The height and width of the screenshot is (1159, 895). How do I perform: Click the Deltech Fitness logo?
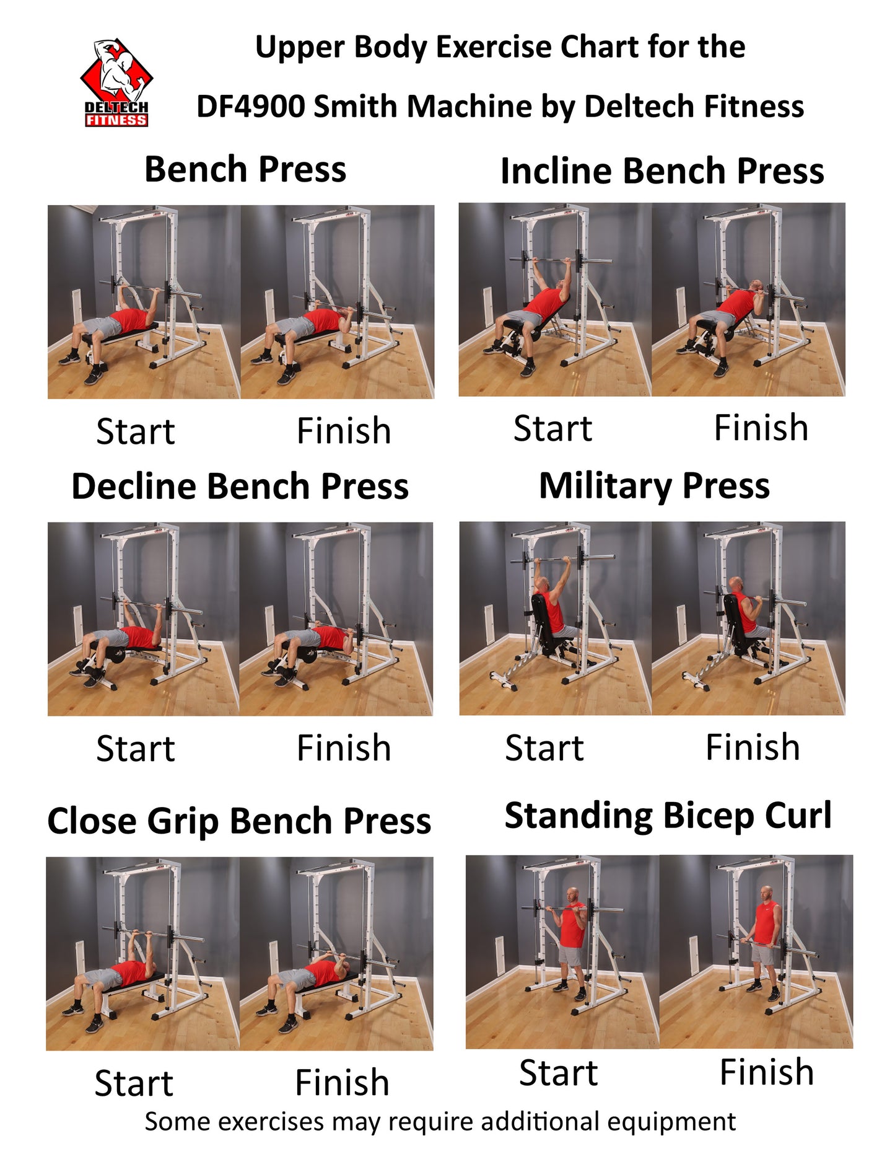coord(116,83)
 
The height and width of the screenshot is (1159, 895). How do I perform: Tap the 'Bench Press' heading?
coord(245,169)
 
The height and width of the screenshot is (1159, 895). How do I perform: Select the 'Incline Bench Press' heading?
coord(662,170)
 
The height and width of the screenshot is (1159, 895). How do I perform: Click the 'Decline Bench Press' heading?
coord(240,486)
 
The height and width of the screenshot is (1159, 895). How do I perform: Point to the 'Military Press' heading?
coord(655,486)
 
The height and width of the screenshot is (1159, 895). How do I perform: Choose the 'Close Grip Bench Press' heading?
coord(239,821)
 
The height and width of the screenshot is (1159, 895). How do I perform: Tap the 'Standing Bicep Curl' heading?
coord(668,816)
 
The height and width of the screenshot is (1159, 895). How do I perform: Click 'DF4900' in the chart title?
coord(250,106)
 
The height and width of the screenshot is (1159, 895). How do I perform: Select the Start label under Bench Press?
coord(136,431)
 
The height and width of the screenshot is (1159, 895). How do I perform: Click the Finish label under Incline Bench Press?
coord(761,428)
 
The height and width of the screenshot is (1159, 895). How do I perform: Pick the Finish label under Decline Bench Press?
coord(344,748)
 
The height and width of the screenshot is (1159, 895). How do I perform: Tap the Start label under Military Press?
coord(544,747)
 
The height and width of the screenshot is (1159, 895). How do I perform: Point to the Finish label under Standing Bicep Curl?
coord(767,1072)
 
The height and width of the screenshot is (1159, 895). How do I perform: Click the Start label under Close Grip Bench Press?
coord(134,1083)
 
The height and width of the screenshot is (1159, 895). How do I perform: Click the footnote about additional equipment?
coord(440,1122)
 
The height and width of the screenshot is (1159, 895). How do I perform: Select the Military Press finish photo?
coord(748,619)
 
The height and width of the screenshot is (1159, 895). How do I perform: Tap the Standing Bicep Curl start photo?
coord(562,952)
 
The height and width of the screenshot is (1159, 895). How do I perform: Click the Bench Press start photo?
coord(144,302)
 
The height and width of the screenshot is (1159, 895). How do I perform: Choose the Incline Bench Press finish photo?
coord(748,299)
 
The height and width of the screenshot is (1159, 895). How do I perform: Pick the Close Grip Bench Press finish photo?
coord(336,954)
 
